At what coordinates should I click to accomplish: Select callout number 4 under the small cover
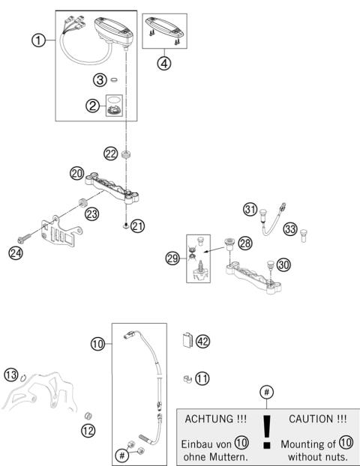point(164,63)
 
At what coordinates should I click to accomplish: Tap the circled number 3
point(98,79)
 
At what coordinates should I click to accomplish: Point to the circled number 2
point(94,106)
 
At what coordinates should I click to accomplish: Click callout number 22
point(110,154)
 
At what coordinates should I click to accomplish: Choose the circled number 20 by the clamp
point(76,173)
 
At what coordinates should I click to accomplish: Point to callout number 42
point(202,341)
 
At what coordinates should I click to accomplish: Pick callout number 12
point(88,430)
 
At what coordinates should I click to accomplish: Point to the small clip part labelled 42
point(187,341)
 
